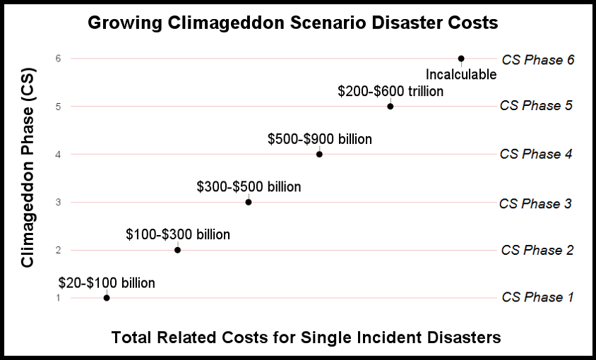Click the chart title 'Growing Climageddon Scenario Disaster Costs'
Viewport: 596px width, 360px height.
(x=293, y=23)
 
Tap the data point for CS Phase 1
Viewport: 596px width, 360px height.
(x=107, y=298)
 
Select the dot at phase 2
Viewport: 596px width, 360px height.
(x=177, y=250)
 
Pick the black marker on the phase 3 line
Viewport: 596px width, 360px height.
(x=249, y=202)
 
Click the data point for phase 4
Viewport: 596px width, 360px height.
(x=319, y=154)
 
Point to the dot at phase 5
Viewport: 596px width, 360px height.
(x=390, y=106)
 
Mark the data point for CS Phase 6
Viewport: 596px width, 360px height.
(x=461, y=59)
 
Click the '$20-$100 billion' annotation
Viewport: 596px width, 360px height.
(x=107, y=283)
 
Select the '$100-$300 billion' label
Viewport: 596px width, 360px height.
(x=178, y=234)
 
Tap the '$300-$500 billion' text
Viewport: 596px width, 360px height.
(x=249, y=187)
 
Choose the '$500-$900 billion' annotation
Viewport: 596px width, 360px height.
(x=319, y=139)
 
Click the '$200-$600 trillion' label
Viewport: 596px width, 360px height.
(x=391, y=91)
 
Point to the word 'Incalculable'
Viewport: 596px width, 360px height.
(x=461, y=74)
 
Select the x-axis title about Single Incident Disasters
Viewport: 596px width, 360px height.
(x=306, y=337)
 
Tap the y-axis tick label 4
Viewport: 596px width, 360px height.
(x=59, y=154)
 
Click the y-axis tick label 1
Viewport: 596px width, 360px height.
(x=59, y=298)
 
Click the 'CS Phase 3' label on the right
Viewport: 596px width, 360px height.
(x=535, y=203)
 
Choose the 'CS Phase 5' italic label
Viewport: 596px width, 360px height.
(x=535, y=106)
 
